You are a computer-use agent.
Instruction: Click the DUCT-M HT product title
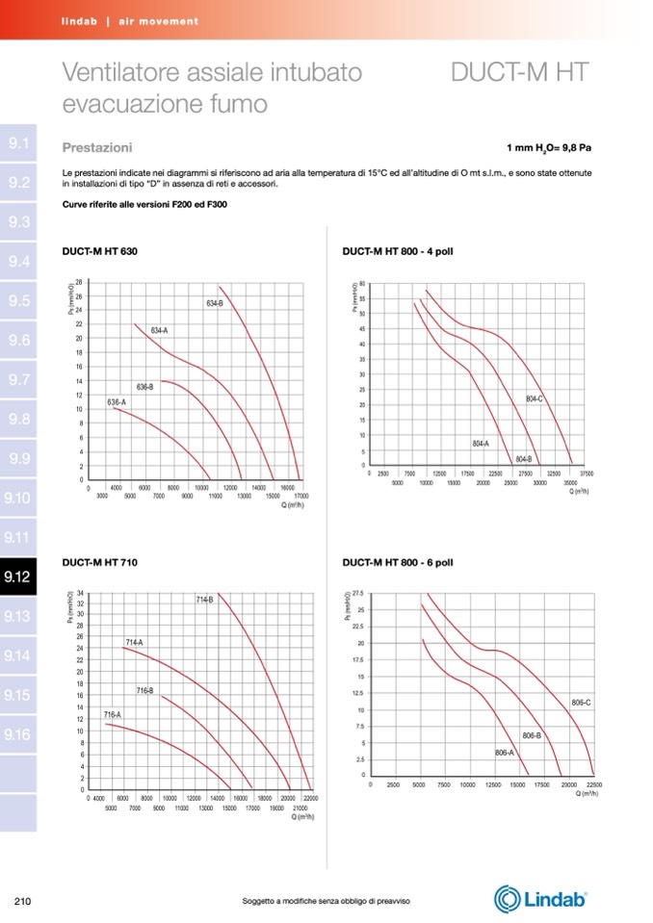520,73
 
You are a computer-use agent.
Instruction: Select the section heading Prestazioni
97,148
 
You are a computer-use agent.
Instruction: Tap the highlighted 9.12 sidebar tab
18,577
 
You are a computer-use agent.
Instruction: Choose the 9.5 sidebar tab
18,301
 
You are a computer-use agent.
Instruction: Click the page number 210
24,901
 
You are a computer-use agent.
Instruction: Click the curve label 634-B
215,304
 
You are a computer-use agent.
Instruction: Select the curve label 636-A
117,401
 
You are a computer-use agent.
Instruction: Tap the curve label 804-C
535,398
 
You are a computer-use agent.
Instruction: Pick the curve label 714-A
134,641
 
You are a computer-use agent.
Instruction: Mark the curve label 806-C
581,704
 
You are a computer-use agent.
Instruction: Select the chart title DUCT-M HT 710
99,560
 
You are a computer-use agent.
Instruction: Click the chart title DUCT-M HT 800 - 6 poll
398,560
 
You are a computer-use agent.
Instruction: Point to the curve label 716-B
144,691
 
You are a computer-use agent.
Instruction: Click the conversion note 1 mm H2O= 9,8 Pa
548,149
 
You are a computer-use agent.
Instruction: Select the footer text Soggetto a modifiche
326,901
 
